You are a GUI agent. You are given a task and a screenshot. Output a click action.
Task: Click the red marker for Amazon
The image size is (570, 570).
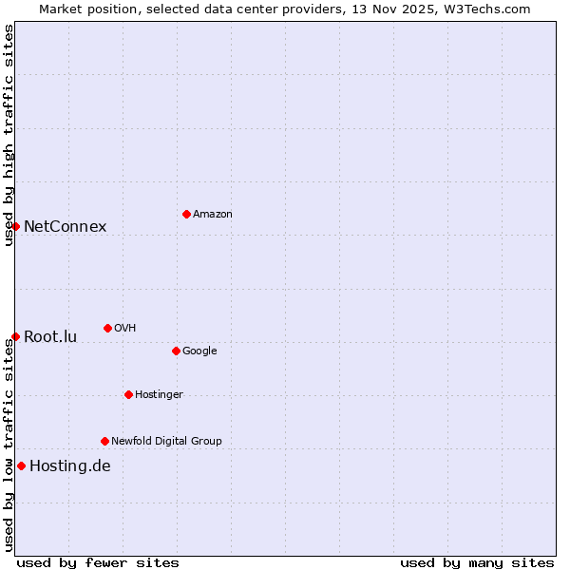186,214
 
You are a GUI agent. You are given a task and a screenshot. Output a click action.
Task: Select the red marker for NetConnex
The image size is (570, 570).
15,226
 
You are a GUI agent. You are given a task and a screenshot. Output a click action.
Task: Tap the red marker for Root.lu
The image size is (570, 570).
15,336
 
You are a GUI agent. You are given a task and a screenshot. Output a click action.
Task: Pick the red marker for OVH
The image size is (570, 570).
107,328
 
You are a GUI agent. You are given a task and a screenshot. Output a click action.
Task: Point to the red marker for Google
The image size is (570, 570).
176,351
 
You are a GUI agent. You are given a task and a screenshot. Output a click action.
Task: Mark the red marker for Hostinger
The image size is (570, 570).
128,394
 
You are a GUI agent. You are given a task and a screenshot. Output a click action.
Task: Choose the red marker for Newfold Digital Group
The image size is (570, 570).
104,441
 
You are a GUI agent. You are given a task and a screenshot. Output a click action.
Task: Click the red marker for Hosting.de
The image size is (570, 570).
21,465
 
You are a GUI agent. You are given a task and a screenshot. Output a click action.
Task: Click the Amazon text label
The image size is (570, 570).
213,215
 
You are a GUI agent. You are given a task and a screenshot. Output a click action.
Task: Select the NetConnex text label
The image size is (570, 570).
65,226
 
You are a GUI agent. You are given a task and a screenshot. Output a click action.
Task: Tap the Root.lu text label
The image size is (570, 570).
50,336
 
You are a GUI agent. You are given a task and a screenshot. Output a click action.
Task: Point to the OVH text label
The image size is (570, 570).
125,329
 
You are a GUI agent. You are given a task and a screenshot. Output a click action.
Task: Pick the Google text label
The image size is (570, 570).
199,351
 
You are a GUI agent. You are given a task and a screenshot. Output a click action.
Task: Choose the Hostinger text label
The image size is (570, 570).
159,395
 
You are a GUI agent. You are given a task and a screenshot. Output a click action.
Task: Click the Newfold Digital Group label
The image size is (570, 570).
166,441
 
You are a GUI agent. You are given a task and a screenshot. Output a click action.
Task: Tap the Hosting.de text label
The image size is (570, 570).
70,465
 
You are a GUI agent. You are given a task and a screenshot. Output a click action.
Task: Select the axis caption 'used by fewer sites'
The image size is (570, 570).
98,562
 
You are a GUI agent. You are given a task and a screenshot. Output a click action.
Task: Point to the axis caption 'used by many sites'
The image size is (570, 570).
477,562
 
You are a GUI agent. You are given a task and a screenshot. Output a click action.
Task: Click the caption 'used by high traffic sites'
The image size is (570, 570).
9,135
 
